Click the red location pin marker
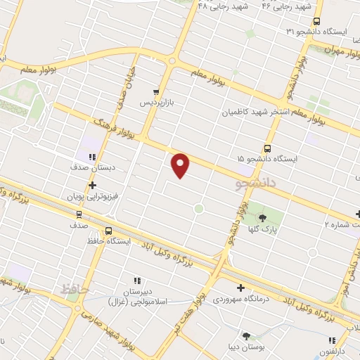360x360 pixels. tap(181, 165)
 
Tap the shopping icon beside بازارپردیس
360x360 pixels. tap(156, 92)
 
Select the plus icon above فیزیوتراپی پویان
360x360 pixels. tap(91, 184)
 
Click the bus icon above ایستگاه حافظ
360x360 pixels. tap(108, 231)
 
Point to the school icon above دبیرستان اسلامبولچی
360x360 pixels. tap(137, 281)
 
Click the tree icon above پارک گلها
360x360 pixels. tap(263, 218)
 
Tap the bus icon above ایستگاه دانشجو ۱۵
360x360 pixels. tap(267, 148)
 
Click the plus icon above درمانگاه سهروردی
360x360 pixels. tap(241, 287)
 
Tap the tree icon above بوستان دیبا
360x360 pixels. tap(246, 336)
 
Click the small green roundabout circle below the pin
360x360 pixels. tap(199, 208)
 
